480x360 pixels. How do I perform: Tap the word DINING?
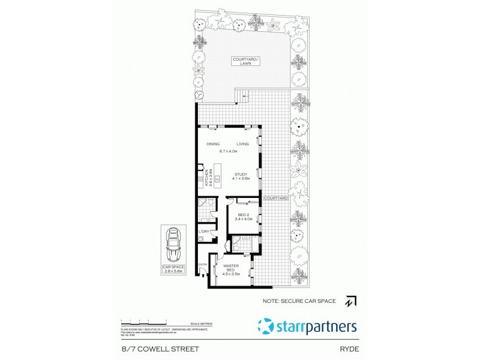coord(213,144)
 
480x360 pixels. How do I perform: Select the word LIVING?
coord(242,144)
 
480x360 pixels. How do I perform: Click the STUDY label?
coord(241,175)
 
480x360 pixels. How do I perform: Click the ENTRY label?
coord(203,265)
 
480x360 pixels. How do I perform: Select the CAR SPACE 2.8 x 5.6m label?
coord(173,269)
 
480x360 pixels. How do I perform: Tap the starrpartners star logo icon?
coord(265,326)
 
